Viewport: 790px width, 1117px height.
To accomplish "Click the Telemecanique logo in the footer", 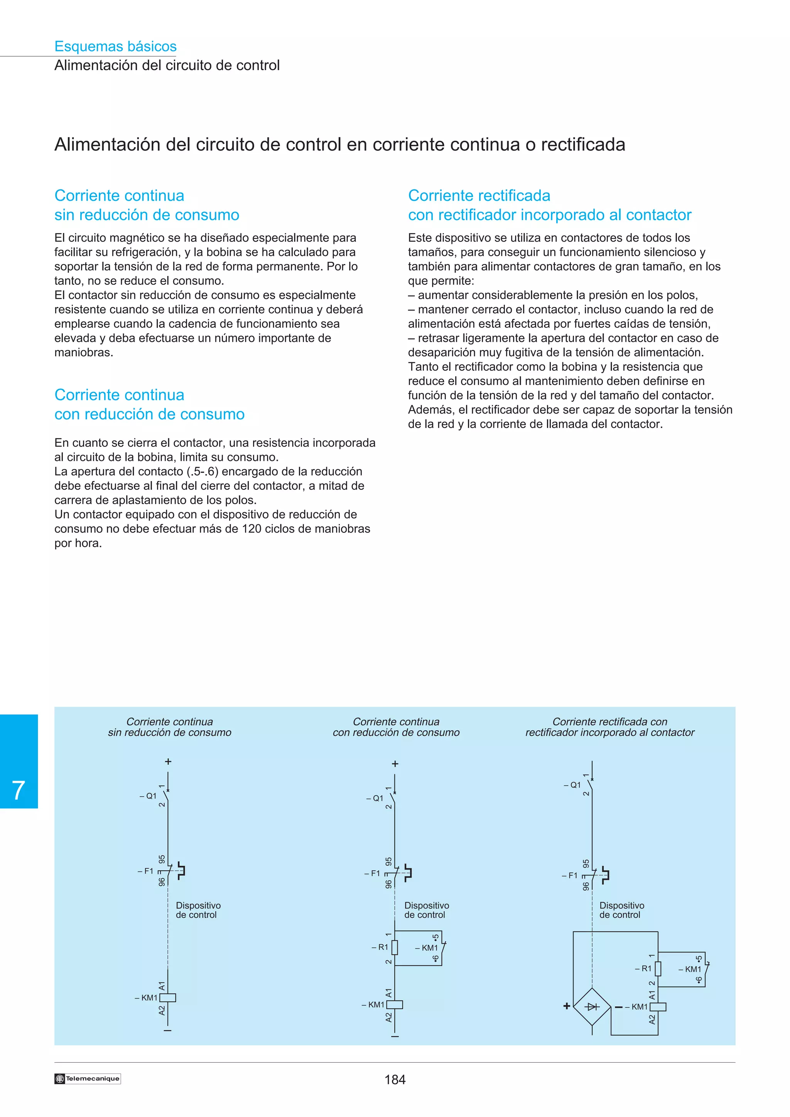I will click(x=88, y=1078).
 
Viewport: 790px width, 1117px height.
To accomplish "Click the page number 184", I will click(x=395, y=1080).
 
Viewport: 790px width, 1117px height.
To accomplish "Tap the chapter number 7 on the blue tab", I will click(x=19, y=790).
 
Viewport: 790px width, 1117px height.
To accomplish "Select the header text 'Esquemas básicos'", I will click(x=115, y=46).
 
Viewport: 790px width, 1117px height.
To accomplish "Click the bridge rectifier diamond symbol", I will click(x=592, y=1006).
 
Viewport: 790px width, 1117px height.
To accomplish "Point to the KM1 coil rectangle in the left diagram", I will click(x=168, y=998).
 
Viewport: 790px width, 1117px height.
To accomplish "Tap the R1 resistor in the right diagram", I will click(x=658, y=969).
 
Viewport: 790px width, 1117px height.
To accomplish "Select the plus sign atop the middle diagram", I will click(x=395, y=764).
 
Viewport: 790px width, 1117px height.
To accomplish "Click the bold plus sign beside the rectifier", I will click(x=567, y=1006).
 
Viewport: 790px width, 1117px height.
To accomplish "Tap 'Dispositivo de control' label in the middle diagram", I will click(x=426, y=910).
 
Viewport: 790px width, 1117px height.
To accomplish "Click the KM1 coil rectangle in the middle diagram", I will click(x=395, y=1004).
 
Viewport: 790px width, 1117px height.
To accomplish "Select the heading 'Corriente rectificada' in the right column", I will click(x=479, y=195).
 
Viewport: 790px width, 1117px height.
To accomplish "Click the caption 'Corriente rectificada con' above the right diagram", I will click(x=609, y=722).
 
